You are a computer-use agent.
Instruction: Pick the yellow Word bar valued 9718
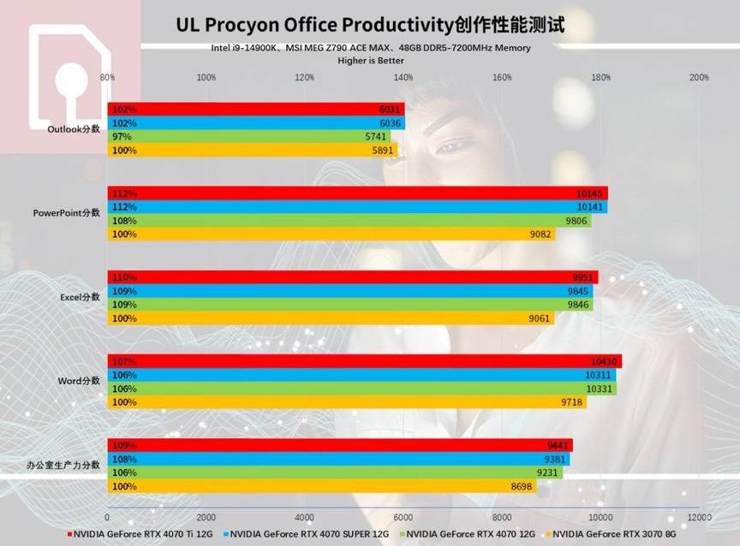[x=347, y=402]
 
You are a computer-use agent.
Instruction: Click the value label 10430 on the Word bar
[x=603, y=361]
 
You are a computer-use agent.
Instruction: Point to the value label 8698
[x=520, y=486]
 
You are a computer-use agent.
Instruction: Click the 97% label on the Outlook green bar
[x=121, y=137]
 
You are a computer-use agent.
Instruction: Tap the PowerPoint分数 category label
[x=67, y=213]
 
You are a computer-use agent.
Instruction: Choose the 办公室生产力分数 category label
[x=63, y=465]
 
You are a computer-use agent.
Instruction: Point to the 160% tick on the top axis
[x=503, y=77]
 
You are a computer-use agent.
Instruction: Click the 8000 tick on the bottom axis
[x=502, y=518]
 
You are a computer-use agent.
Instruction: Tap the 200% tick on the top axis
[x=699, y=77]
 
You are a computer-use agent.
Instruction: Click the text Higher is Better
[x=371, y=61]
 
